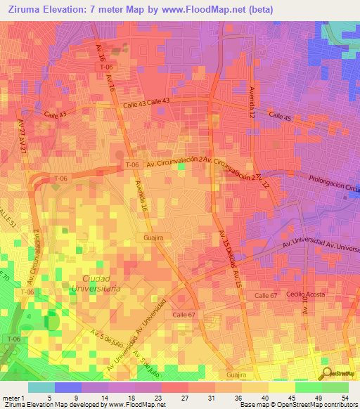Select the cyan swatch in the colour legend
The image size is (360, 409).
(41, 387)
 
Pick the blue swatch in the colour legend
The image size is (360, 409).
(67, 387)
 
